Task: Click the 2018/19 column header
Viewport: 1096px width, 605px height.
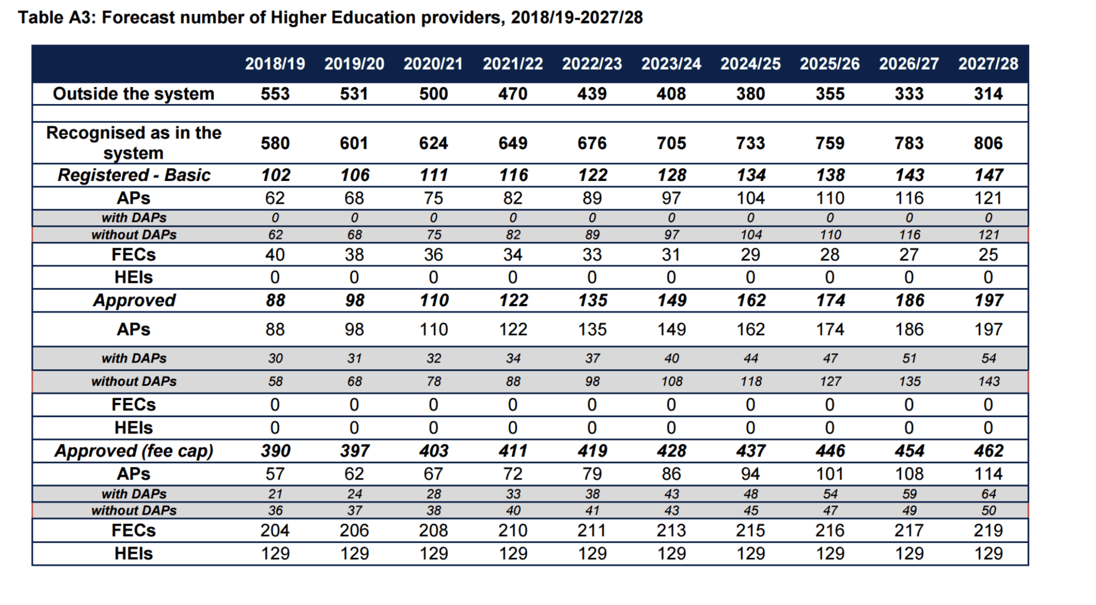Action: pyautogui.click(x=275, y=64)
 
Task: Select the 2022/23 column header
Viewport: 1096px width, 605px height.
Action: pyautogui.click(x=592, y=64)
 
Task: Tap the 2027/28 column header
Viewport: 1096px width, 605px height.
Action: pyautogui.click(x=988, y=64)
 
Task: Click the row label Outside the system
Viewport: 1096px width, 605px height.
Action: pyautogui.click(x=133, y=94)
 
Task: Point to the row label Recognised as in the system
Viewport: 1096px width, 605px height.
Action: pyautogui.click(x=133, y=142)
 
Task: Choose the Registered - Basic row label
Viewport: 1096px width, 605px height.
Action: pyautogui.click(x=134, y=175)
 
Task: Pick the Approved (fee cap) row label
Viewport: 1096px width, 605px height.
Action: pyautogui.click(x=134, y=450)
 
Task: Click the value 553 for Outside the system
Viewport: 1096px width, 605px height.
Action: pyautogui.click(x=275, y=94)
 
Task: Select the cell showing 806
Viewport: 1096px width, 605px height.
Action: pyautogui.click(x=988, y=143)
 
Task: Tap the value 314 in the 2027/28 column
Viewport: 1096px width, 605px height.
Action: pyautogui.click(x=988, y=94)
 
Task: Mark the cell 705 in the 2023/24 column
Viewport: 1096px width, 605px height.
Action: pyautogui.click(x=671, y=143)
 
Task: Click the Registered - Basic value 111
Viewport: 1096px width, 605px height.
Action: pyautogui.click(x=433, y=175)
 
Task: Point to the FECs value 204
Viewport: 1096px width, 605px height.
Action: pyautogui.click(x=275, y=530)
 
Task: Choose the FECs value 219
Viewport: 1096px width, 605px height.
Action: pyautogui.click(x=988, y=530)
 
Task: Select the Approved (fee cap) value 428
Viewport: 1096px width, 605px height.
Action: pyautogui.click(x=671, y=450)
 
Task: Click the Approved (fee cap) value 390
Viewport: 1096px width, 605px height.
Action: pyautogui.click(x=275, y=450)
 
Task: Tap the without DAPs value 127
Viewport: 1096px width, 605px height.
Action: pyautogui.click(x=830, y=381)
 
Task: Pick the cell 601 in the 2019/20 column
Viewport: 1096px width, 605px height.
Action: pyautogui.click(x=354, y=143)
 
